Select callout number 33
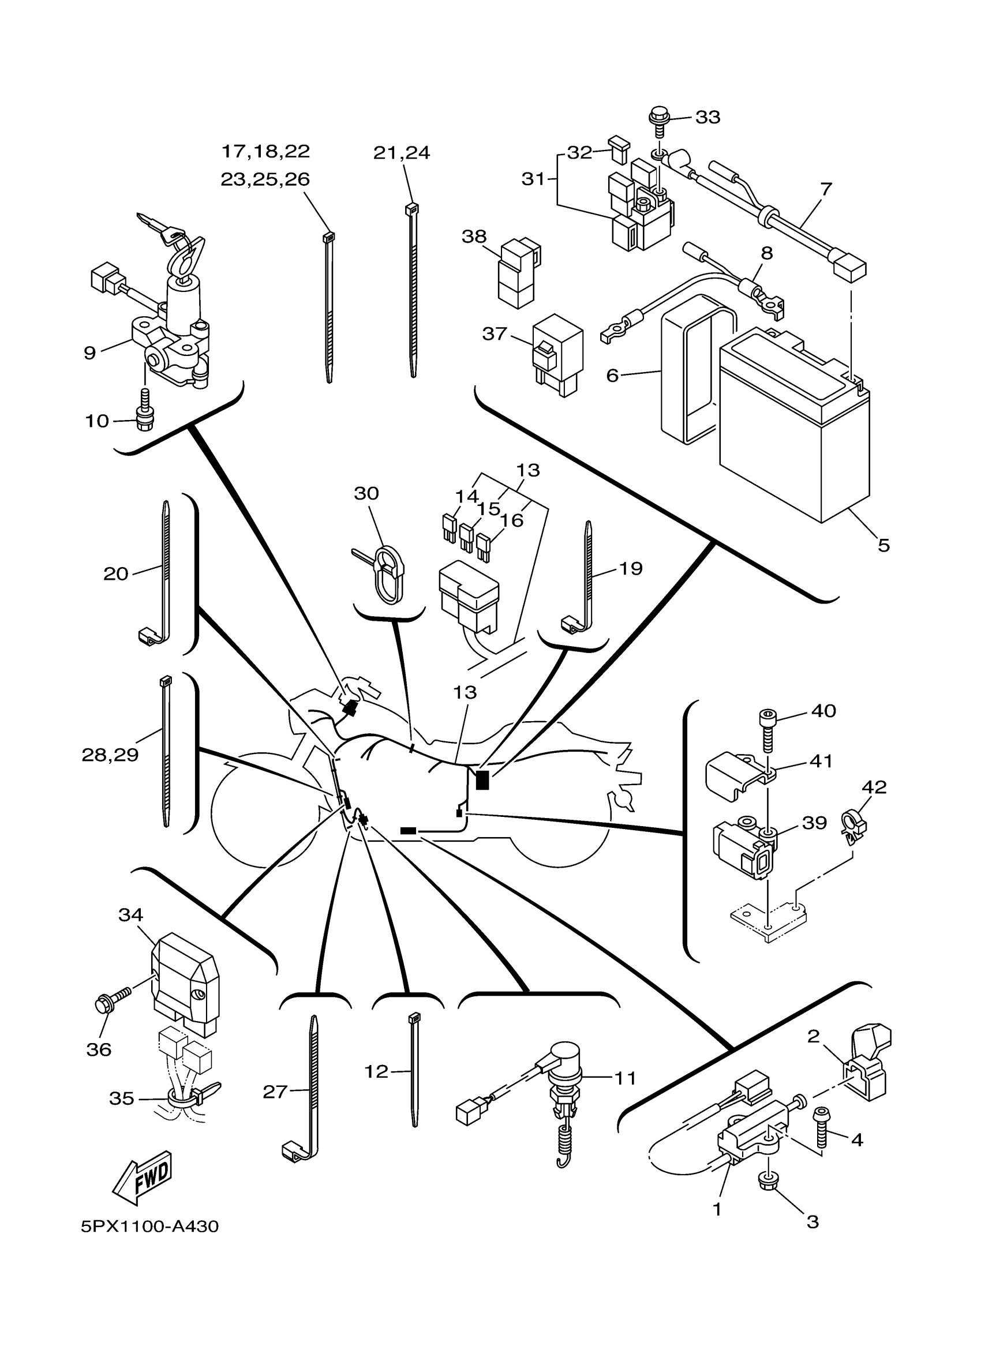(707, 117)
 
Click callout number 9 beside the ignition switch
(89, 353)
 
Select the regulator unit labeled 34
(186, 980)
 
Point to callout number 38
(474, 237)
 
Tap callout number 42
(874, 787)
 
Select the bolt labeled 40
(767, 730)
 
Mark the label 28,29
(110, 755)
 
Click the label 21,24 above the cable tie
(401, 153)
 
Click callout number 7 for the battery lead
(825, 189)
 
